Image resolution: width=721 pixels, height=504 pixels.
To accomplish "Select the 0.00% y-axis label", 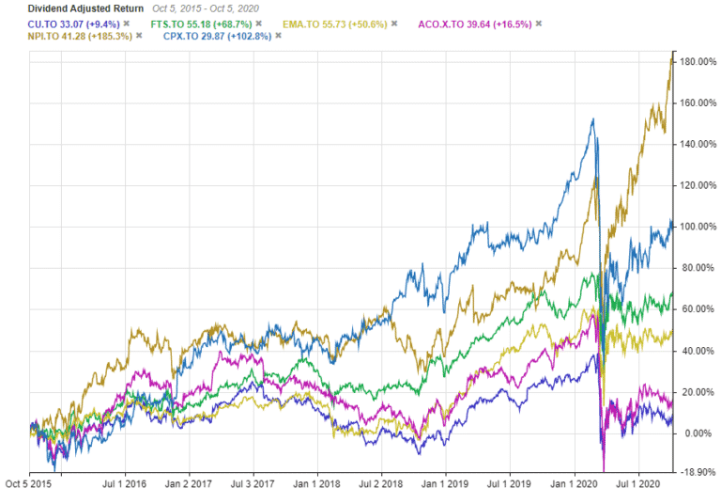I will pyautogui.click(x=697, y=433).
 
